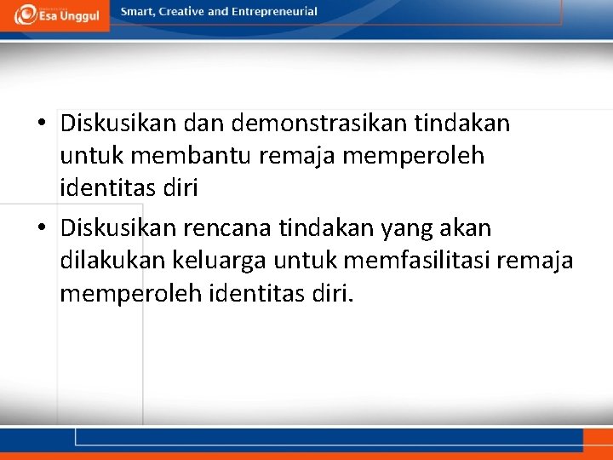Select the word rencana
[x=228, y=228]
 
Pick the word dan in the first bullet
[x=202, y=124]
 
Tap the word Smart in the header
[x=137, y=12]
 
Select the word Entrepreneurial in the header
[x=274, y=12]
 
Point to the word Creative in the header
[x=181, y=12]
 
